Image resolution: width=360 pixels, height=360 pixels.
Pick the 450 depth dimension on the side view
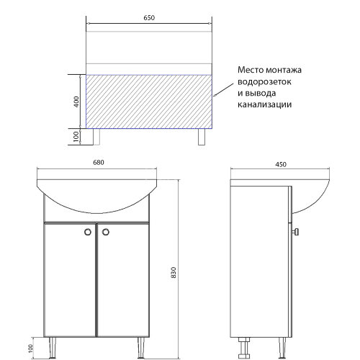pyautogui.click(x=281, y=164)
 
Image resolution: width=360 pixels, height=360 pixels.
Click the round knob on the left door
pyautogui.click(x=88, y=232)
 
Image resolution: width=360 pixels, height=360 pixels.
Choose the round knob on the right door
pyautogui.click(x=105, y=232)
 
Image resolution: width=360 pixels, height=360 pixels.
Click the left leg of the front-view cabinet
pyautogui.click(x=51, y=346)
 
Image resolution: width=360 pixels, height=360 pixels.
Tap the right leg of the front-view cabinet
pyautogui.click(x=142, y=346)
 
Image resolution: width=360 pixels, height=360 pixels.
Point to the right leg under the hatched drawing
pyautogui.click(x=201, y=137)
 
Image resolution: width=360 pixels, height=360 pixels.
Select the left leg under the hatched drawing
pyautogui.click(x=97, y=137)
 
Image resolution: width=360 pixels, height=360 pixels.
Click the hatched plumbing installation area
pyautogui.click(x=150, y=101)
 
